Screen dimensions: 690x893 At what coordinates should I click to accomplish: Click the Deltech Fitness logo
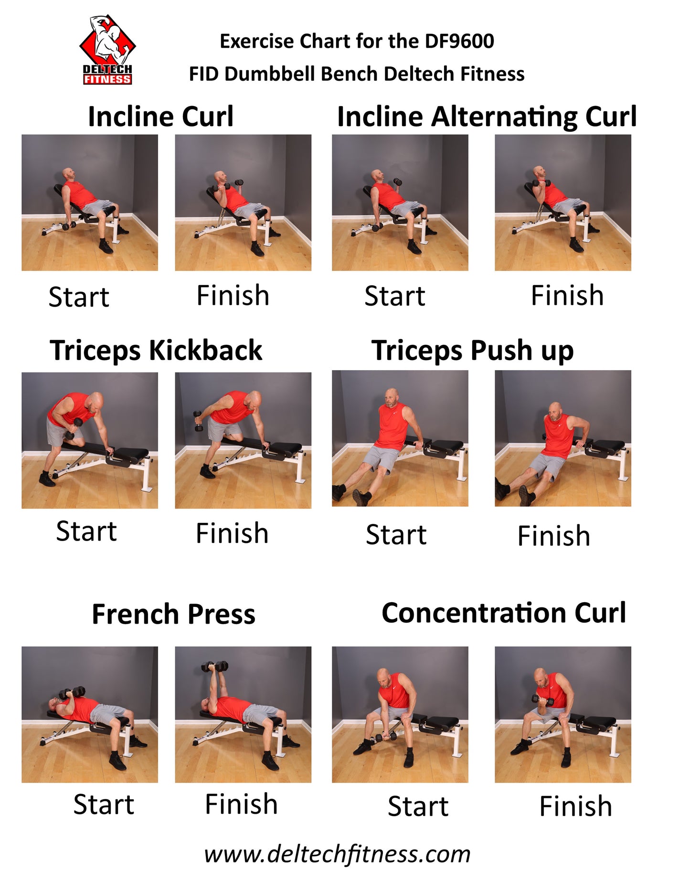coord(107,50)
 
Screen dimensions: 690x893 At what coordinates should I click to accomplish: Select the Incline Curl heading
coord(161,117)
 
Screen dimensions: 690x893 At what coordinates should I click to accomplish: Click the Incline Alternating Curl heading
coord(487,117)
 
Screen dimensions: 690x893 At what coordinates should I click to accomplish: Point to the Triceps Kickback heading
coord(156,351)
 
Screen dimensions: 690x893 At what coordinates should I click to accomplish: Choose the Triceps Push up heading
coord(473,351)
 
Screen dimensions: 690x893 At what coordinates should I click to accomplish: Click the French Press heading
coord(174,614)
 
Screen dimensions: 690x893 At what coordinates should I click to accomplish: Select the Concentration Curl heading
coord(504,613)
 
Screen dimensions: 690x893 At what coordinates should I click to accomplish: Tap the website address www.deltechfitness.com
coord(337,854)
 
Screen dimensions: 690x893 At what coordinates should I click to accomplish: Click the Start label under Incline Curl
coord(79,297)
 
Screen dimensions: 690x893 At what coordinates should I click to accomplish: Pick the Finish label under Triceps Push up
coord(554,536)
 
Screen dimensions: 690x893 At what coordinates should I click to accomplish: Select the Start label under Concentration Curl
coord(418,807)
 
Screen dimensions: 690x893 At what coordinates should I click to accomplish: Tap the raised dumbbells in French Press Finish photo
coord(215,666)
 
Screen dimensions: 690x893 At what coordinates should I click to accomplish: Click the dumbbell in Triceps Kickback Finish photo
coord(198,421)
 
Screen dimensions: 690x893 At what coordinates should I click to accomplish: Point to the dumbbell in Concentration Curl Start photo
coord(386,737)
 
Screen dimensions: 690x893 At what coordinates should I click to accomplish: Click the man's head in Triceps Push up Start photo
coord(392,398)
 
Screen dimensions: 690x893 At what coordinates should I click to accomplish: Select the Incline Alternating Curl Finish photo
coord(563,202)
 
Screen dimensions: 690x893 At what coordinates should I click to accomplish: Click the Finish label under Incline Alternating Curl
coord(567,296)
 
